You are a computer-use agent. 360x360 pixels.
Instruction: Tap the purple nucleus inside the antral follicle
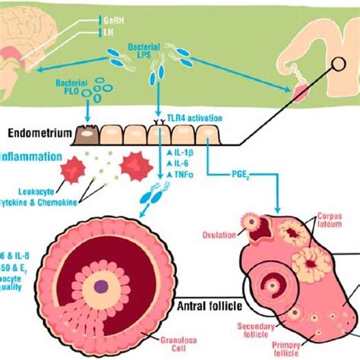(x=101, y=287)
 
